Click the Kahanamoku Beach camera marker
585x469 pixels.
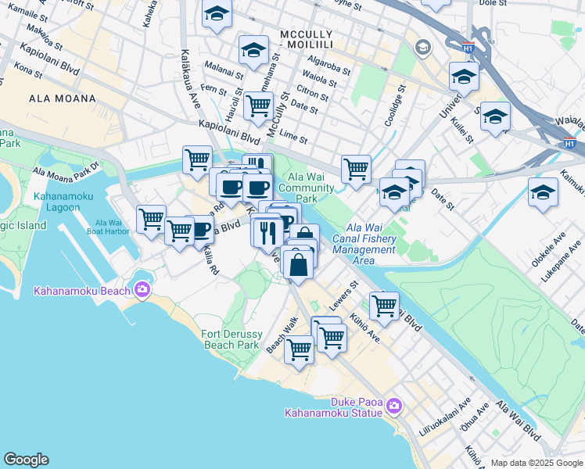(142, 290)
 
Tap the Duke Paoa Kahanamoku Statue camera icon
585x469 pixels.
(393, 406)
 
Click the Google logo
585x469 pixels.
(26, 460)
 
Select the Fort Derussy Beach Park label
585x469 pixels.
(230, 339)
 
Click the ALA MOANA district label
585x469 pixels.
(62, 98)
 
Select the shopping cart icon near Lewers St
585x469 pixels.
(384, 306)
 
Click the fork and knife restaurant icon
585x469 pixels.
(267, 231)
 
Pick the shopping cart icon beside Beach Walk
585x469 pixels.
(299, 349)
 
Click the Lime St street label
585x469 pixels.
(293, 138)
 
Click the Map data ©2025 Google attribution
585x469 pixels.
(537, 463)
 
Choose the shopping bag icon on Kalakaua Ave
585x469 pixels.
(299, 264)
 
